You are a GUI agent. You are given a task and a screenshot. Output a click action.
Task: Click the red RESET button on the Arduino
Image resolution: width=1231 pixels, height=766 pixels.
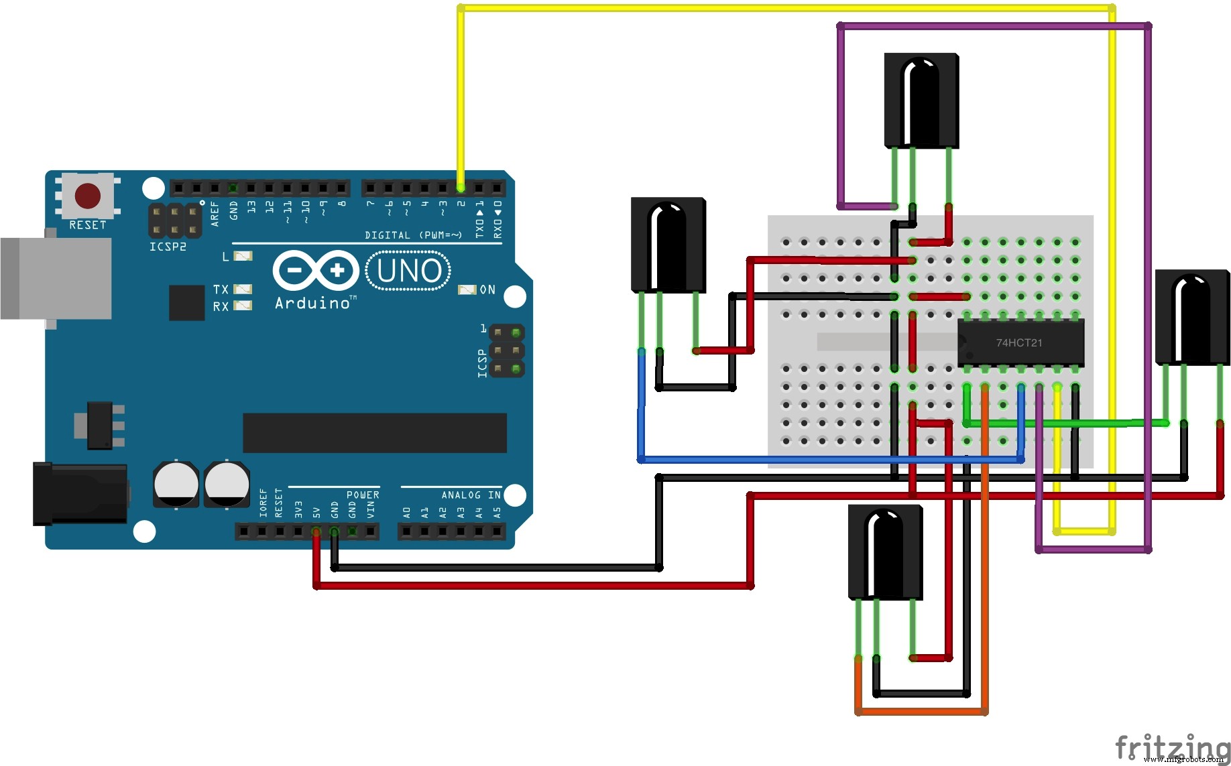coord(88,196)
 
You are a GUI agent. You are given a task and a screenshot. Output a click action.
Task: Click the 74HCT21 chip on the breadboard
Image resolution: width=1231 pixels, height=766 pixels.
coord(1020,342)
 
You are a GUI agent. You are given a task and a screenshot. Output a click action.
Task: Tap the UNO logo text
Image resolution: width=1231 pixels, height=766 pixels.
coord(408,271)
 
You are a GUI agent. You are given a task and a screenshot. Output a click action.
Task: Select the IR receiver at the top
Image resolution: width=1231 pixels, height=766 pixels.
coord(921,101)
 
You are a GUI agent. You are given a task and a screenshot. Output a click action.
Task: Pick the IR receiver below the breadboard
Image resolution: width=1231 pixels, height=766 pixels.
coord(885,552)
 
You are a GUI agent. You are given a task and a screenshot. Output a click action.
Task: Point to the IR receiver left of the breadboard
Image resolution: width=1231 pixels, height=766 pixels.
coord(668,245)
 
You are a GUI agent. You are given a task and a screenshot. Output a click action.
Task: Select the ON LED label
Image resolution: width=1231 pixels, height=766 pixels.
coord(487,290)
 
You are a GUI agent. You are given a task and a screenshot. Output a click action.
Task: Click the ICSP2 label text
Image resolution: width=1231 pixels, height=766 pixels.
coord(168,247)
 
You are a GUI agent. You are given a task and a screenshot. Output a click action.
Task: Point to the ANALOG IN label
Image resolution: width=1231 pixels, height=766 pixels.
coord(471,495)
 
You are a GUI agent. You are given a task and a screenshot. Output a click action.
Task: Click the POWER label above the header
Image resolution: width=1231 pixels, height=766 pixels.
coord(363,495)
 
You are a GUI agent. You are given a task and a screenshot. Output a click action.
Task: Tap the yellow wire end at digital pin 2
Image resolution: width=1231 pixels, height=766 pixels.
coord(461,188)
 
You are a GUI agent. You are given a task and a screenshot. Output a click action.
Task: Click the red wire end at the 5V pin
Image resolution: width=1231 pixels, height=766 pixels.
coord(316,532)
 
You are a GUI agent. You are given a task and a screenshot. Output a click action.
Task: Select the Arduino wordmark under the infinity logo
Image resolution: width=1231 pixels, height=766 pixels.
coord(312,304)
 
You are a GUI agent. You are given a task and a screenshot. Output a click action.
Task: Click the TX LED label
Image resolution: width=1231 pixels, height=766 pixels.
coord(221,289)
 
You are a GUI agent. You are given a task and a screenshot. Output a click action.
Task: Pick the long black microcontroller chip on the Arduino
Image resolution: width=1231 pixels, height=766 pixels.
coord(374,432)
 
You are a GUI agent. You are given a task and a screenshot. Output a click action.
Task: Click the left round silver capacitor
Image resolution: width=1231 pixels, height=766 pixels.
coord(176,483)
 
